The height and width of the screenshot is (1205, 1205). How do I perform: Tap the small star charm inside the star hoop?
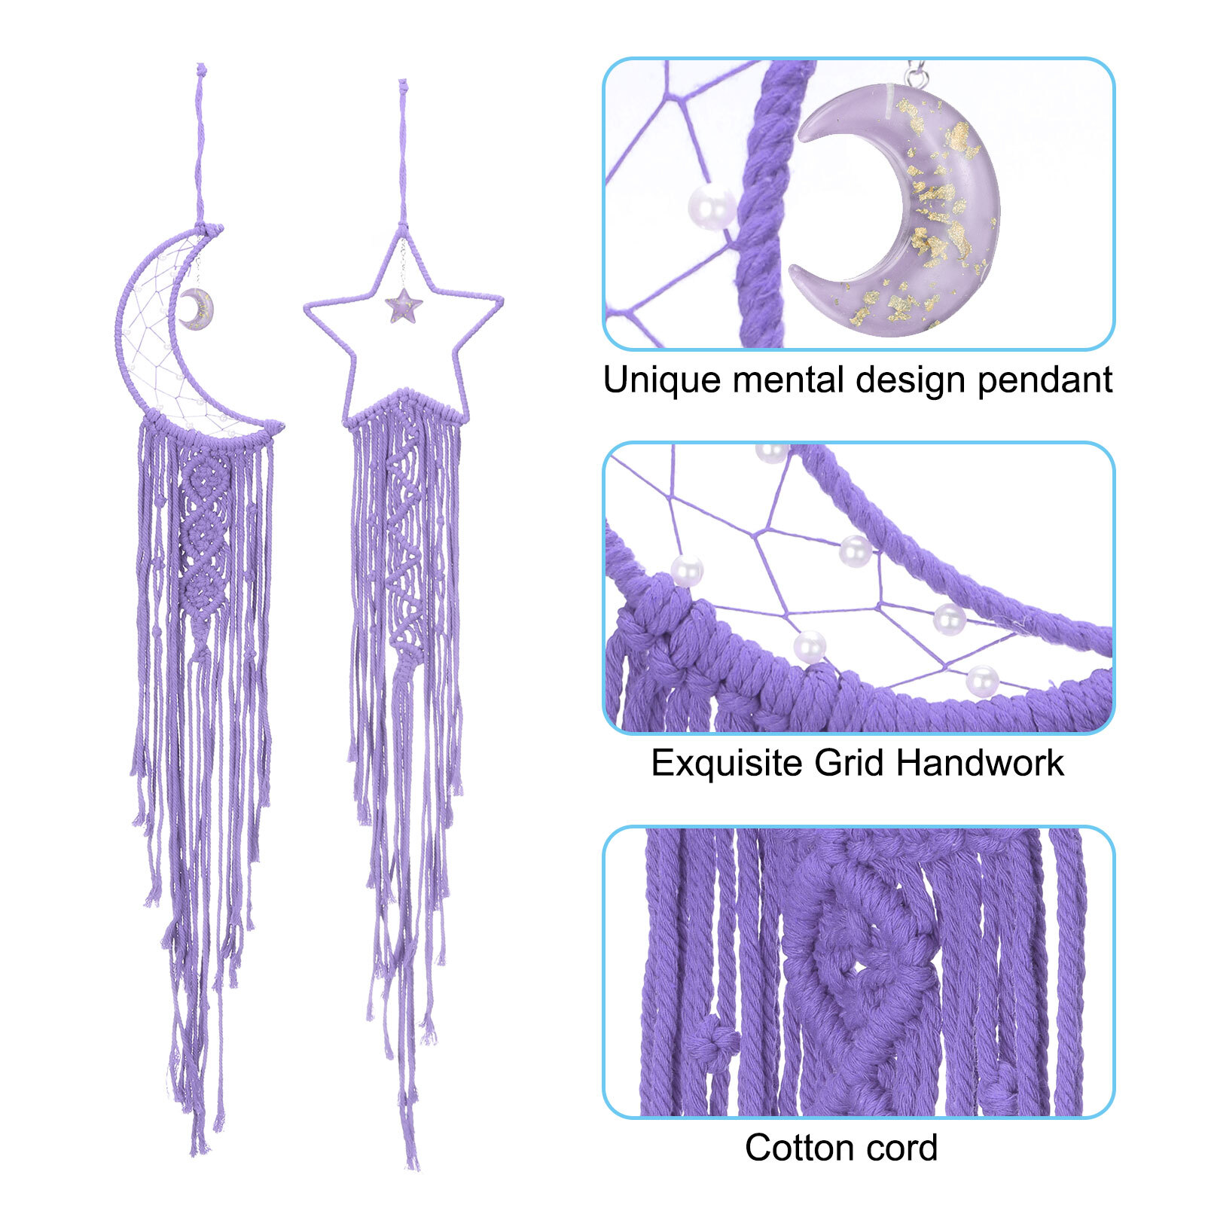[x=404, y=306]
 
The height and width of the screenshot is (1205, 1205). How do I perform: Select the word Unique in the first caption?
[x=662, y=380]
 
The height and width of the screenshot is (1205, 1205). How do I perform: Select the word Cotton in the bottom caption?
[x=799, y=1149]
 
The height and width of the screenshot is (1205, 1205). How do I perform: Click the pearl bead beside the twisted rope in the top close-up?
[x=712, y=206]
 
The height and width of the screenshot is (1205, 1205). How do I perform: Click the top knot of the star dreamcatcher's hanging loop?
[x=403, y=85]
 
